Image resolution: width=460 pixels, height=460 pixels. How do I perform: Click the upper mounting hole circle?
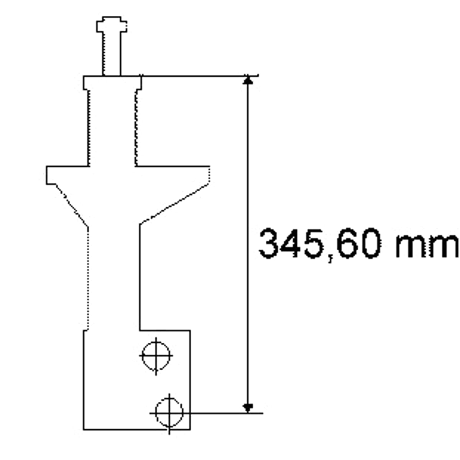point(142,355)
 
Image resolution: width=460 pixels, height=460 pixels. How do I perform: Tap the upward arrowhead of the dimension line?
point(248,80)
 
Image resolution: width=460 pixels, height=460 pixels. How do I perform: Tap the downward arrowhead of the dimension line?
point(248,408)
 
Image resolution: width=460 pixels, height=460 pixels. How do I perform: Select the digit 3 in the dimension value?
point(269,243)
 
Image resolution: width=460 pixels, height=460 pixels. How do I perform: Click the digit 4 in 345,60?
point(290,243)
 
